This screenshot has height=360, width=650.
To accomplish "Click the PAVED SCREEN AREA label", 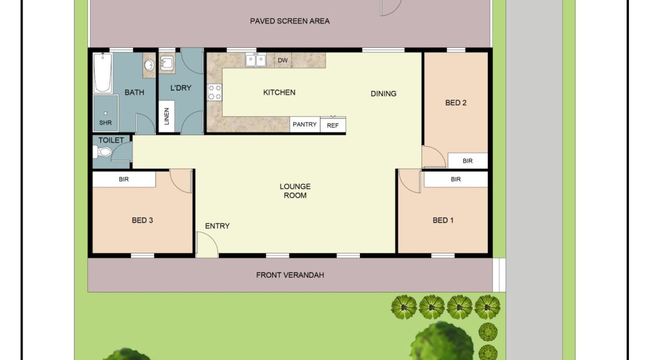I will coord(289,21).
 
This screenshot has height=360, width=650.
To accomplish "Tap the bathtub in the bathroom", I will coord(102,73).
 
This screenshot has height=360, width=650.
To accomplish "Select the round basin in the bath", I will coord(149,66).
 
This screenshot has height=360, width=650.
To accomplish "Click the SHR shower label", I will coord(105,122).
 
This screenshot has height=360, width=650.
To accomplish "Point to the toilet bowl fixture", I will coord(103,152).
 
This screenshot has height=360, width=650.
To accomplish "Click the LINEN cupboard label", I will coord(166,117).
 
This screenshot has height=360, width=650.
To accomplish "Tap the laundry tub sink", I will coord(167,62).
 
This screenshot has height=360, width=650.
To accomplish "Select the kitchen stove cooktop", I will coord(214,92).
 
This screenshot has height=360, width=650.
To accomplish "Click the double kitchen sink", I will coord(256,60).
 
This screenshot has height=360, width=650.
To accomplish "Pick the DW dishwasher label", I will coord(282,61).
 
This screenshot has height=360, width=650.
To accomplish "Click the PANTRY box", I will coord(304,124).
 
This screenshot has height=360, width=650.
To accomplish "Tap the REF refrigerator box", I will coord(333,125).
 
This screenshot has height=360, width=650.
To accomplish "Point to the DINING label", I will coord(383,93).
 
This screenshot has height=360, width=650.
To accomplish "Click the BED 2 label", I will coord(456,103).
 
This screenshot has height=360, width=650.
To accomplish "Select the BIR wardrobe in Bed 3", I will coord(124,179).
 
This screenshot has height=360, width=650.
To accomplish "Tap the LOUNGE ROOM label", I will coord(295,191).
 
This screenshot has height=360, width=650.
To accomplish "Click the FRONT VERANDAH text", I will coord(289,275).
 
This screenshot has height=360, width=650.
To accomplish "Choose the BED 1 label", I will coord(443,221).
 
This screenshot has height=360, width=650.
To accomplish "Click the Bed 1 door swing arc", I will coord(410,181).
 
